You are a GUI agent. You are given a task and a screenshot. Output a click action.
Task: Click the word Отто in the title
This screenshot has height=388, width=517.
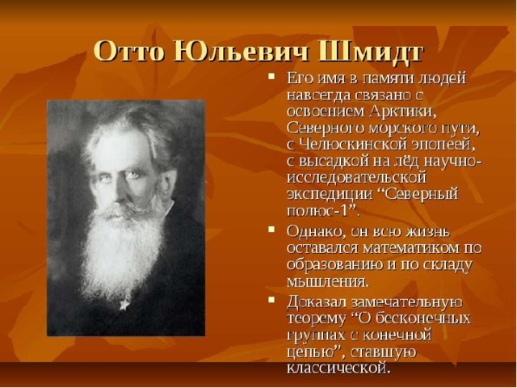tap(129, 52)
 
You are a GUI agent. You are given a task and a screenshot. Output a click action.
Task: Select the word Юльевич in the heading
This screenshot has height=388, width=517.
tap(241, 52)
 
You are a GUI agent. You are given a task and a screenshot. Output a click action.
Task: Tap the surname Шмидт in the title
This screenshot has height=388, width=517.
tap(371, 52)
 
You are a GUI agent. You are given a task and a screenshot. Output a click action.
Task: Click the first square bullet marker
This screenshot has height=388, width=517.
tap(271, 77)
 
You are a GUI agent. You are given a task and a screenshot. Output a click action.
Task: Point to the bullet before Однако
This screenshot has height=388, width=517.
tap(271, 230)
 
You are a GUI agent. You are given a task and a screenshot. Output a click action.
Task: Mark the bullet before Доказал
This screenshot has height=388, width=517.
tap(271, 300)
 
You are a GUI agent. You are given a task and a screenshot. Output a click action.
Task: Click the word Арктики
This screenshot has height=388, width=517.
tap(404, 112)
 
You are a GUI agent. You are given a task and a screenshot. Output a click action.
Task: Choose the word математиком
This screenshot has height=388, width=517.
tap(408, 248)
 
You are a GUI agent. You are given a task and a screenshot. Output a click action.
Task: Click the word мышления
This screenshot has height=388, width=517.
tap(327, 282)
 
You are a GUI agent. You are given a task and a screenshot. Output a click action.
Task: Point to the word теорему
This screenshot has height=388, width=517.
tap(316, 319)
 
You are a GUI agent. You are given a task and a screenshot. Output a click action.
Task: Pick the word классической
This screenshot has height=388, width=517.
tap(338, 368)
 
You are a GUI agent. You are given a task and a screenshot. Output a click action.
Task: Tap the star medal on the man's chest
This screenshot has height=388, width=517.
tap(124, 304)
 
